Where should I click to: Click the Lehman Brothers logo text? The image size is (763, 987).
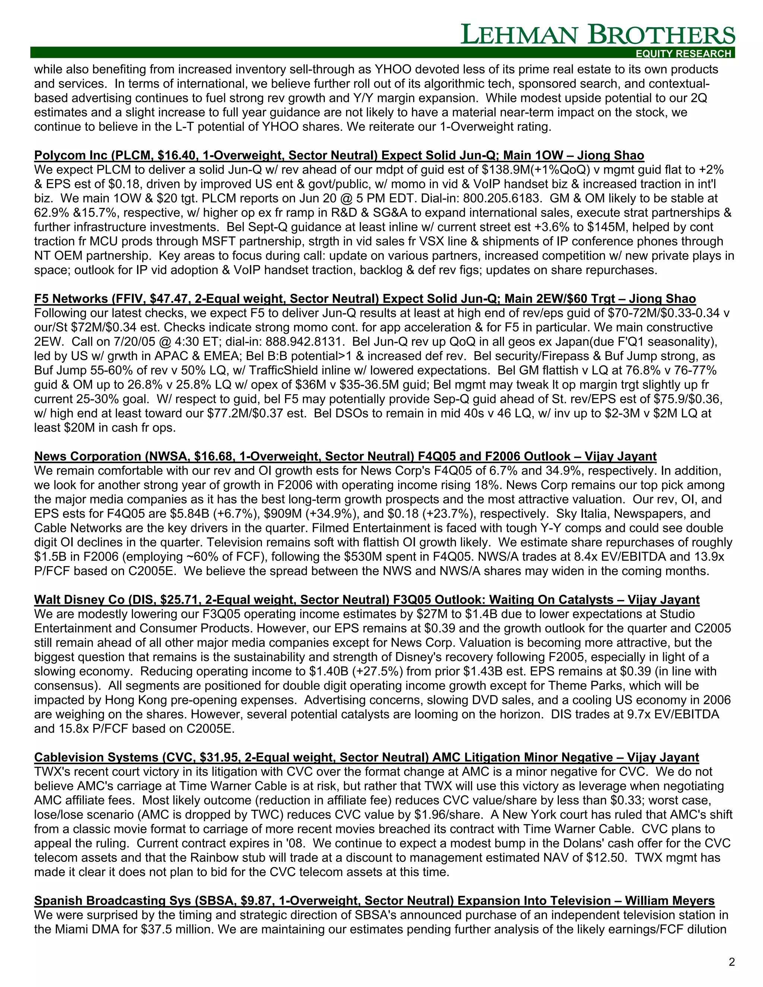598,35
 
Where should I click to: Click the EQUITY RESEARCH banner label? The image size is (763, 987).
683,54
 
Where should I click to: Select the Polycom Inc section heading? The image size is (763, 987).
339,155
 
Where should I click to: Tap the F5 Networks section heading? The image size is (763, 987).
364,299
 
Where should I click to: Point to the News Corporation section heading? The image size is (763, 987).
345,457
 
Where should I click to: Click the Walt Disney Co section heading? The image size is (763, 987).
366,600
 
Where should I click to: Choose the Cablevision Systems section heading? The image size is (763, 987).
366,758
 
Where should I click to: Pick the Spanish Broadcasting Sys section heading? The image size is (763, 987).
374,901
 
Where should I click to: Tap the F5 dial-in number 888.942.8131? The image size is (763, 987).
305,342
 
